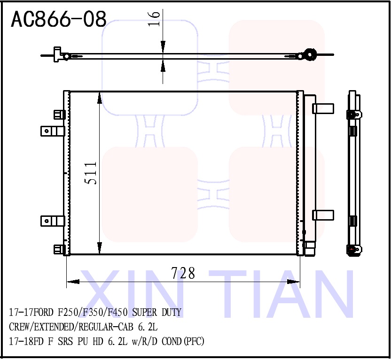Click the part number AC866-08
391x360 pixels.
[58, 20]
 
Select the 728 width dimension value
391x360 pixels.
[183, 273]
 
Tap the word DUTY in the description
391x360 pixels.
[172, 313]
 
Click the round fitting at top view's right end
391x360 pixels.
[309, 54]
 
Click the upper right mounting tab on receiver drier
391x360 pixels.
[323, 108]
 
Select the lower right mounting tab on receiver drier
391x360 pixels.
[323, 215]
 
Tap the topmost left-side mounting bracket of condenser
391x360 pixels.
[59, 115]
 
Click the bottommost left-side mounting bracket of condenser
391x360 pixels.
[59, 249]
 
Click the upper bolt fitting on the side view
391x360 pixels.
[353, 114]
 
